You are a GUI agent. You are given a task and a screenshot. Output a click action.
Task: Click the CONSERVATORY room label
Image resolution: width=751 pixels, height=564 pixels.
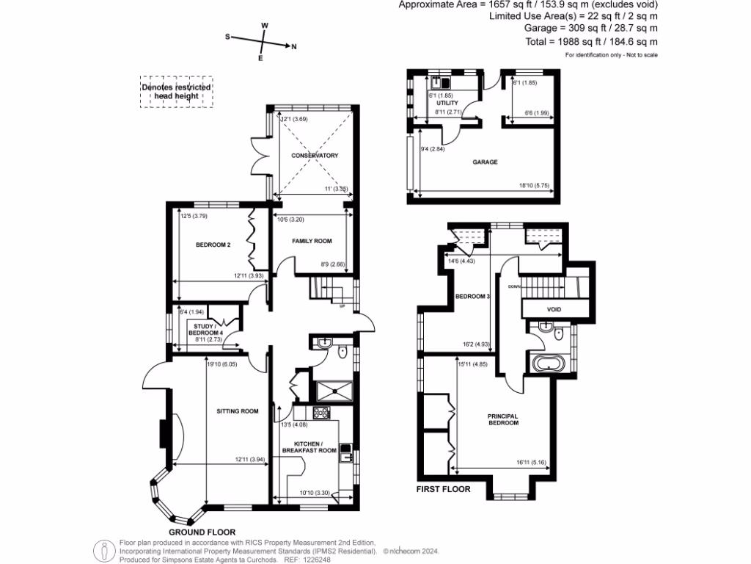pos(314,156)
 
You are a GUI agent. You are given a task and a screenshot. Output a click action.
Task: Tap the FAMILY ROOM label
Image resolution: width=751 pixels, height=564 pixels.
pos(312,241)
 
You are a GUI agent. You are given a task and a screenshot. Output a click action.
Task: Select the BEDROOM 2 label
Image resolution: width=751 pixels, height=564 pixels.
pos(213,245)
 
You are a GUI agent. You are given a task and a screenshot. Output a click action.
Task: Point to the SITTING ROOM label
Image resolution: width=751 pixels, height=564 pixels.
pos(238,411)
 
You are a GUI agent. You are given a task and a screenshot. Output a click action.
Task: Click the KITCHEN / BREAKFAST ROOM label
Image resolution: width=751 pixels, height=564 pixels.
pos(315,447)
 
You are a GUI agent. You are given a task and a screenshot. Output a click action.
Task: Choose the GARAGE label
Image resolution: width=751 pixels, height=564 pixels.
pos(485,162)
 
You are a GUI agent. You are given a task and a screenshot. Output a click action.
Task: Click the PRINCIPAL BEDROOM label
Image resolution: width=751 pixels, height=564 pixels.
pos(503,419)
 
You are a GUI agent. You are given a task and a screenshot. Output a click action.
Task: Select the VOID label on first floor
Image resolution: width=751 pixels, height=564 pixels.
pos(554,309)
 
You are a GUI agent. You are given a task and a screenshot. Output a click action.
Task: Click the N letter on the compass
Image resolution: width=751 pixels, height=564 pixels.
pos(293,48)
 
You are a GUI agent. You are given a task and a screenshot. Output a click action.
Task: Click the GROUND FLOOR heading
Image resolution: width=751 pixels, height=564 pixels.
pos(202,532)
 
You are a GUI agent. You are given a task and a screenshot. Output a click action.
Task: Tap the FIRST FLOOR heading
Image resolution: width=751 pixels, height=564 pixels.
pos(443,488)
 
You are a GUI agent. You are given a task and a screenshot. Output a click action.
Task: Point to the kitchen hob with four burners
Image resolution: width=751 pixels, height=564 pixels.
pos(320,413)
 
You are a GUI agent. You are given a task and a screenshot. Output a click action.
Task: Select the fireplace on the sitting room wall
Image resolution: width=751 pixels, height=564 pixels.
pos(164,433)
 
